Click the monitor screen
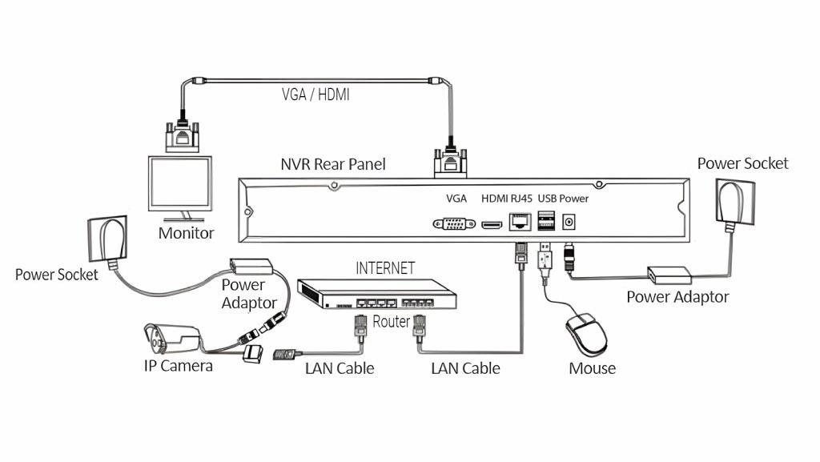pyautogui.click(x=180, y=183)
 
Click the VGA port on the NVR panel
pyautogui.click(x=454, y=223)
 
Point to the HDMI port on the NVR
pyautogui.click(x=492, y=225)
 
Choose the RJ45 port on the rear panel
pyautogui.click(x=520, y=222)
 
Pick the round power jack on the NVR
pyautogui.click(x=569, y=222)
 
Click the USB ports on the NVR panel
pyautogui.click(x=546, y=219)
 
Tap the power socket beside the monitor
pyautogui.click(x=108, y=239)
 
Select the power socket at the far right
pyautogui.click(x=735, y=201)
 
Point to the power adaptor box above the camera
pyautogui.click(x=251, y=266)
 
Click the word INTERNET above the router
pyautogui.click(x=385, y=268)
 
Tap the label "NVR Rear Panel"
pyautogui.click(x=333, y=164)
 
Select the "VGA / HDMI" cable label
pyautogui.click(x=316, y=94)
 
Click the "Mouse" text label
pyautogui.click(x=592, y=368)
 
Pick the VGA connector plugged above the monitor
pyautogui.click(x=182, y=136)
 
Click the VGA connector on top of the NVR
pyautogui.click(x=450, y=161)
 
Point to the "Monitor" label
pyautogui.click(x=186, y=232)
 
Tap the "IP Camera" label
pyautogui.click(x=179, y=365)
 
